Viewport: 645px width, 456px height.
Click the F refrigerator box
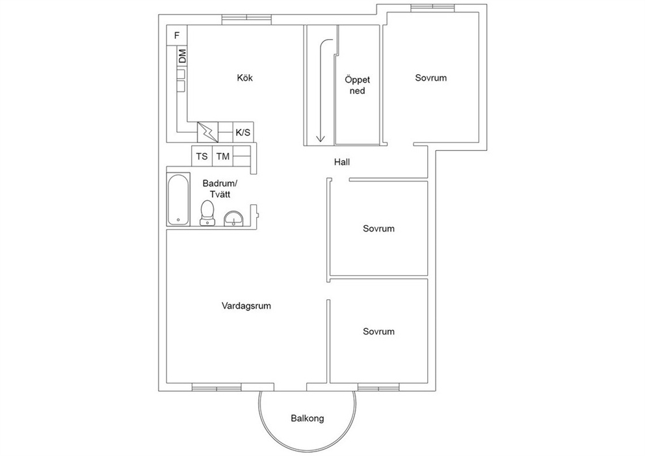point(177,35)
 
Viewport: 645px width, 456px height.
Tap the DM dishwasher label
point(182,56)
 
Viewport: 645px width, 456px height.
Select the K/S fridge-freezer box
point(243,132)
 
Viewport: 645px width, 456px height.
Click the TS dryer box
point(202,156)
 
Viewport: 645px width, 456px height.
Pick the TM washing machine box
point(223,156)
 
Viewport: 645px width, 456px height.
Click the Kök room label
point(244,78)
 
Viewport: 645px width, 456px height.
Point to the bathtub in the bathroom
point(178,199)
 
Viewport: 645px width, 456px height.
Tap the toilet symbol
point(207,213)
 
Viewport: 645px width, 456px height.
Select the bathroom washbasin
point(233,219)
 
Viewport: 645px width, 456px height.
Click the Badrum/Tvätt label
point(220,189)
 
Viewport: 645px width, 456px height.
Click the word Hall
point(342,162)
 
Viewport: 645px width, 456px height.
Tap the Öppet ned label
point(358,85)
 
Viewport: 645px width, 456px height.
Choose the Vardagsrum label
point(246,306)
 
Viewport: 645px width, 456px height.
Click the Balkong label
point(308,418)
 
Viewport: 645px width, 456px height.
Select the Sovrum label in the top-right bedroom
point(430,78)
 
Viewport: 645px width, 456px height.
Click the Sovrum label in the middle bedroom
point(378,228)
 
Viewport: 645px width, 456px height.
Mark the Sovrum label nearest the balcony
point(378,331)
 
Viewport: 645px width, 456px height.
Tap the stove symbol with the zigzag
point(207,132)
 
